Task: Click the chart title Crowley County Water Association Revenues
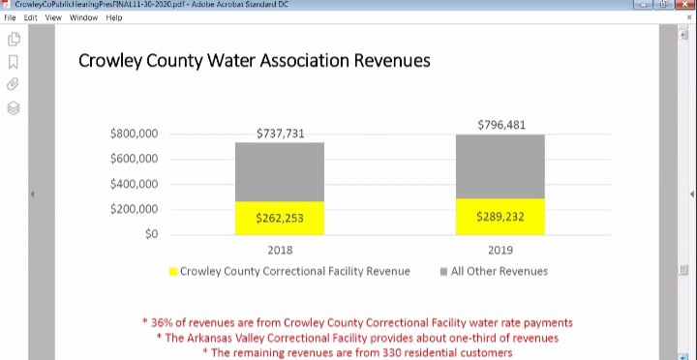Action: [254, 61]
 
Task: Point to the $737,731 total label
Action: [280, 134]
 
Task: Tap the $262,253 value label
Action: [280, 218]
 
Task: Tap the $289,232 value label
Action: [500, 217]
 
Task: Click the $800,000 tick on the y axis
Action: [134, 134]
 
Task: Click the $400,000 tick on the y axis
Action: [134, 184]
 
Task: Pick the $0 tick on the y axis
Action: [150, 234]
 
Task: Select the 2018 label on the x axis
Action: [280, 250]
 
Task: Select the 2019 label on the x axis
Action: [500, 250]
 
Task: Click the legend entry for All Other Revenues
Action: [499, 271]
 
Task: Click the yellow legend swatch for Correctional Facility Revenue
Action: [173, 272]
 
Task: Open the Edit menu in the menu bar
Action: [30, 17]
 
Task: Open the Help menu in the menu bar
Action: [114, 17]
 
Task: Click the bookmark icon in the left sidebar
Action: [14, 62]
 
